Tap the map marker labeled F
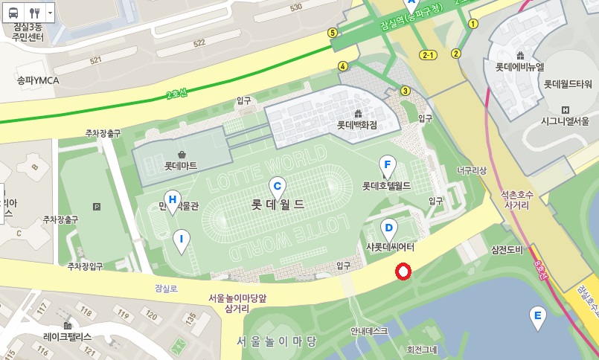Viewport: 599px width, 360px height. [x=386, y=165]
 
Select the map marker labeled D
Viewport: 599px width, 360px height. [x=388, y=228]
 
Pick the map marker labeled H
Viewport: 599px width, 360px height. [x=173, y=200]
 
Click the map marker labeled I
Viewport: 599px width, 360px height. [x=181, y=239]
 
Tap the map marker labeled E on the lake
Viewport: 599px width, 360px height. [x=536, y=315]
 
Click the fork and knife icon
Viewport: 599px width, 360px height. [x=34, y=13]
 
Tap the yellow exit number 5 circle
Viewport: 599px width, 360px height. [x=332, y=33]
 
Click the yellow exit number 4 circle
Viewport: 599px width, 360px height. [x=343, y=66]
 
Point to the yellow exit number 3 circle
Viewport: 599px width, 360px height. [x=406, y=91]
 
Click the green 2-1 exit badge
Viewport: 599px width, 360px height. [x=429, y=55]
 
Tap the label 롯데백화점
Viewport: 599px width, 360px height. [x=357, y=125]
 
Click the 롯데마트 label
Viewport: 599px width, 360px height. [x=181, y=165]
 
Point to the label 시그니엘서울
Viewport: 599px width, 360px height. [x=565, y=120]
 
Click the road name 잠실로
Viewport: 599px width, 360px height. [x=167, y=288]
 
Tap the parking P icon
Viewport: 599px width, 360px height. [x=96, y=207]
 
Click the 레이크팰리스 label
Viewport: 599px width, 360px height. [x=67, y=336]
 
